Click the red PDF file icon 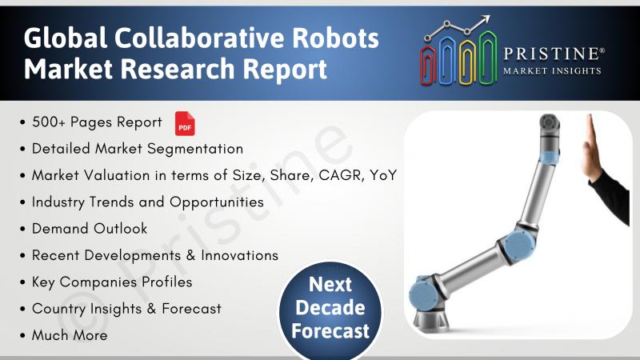pyautogui.click(x=185, y=123)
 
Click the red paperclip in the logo pyautogui.click(x=428, y=66)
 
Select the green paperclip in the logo pyautogui.click(x=488, y=58)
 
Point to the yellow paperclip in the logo pyautogui.click(x=467, y=63)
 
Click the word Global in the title pyautogui.click(x=66, y=38)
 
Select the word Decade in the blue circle pyautogui.click(x=330, y=307)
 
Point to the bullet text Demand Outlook pyautogui.click(x=90, y=229)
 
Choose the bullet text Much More pyautogui.click(x=70, y=335)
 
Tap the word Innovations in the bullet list pyautogui.click(x=239, y=255)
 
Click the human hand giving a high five pyautogui.click(x=590, y=147)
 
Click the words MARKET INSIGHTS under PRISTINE pyautogui.click(x=552, y=71)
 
